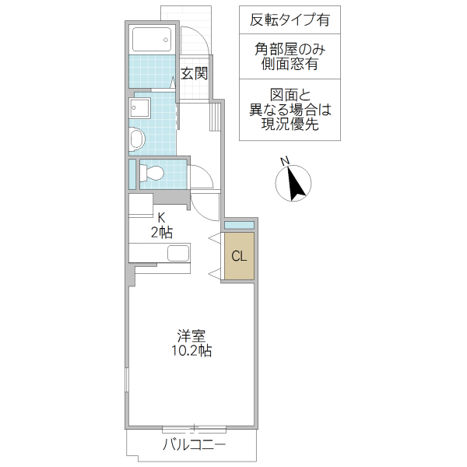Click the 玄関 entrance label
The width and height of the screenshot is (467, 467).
pos(194,75)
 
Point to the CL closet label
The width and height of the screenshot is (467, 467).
pos(238,255)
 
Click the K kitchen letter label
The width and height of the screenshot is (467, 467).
pos(162,218)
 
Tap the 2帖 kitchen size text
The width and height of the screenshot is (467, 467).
pos(161,232)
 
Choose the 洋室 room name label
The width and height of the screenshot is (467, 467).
pos(191,336)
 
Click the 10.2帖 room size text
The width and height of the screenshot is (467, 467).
pos(191,351)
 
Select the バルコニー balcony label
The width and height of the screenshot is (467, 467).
pos(194,446)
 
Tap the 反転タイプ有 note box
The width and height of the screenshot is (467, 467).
pos(290,20)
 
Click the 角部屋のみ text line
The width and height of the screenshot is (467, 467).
pos(290,49)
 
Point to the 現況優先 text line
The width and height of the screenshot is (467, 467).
pos(290,125)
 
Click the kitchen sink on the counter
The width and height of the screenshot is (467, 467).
pos(178,254)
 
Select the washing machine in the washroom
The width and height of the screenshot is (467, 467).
pos(138,139)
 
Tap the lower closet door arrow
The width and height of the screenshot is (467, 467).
pos(215,272)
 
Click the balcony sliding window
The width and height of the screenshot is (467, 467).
pos(195,428)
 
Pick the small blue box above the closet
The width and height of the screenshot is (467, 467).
pos(238,225)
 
